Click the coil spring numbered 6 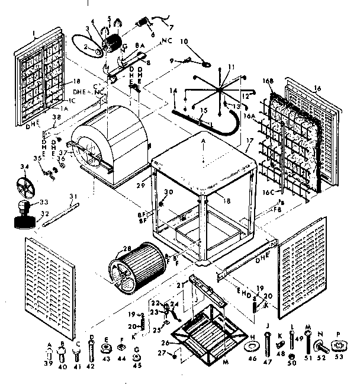pos(143,23)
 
